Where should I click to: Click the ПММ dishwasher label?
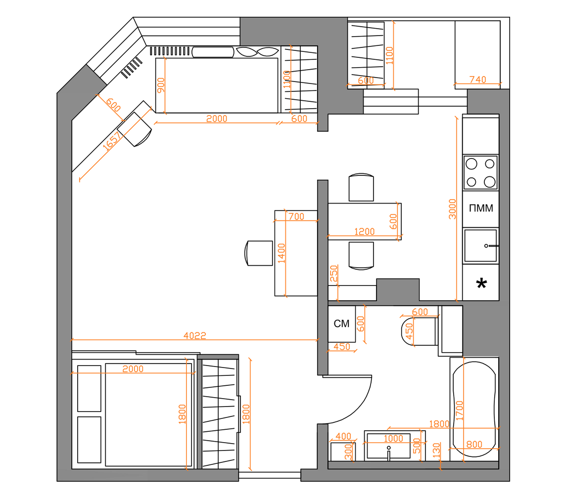pos(481,208)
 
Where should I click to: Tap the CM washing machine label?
pos(341,324)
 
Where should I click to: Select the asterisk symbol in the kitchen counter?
pos(481,284)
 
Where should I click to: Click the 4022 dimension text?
pos(194,335)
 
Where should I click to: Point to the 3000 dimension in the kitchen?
pos(452,208)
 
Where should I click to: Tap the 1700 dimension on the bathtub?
pos(460,410)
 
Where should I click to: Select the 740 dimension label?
pos(477,79)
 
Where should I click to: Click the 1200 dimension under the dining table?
pos(364,232)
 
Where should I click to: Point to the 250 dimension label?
pos(334,273)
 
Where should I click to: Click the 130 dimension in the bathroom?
pos(436,451)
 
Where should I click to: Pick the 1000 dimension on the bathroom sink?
pos(393,438)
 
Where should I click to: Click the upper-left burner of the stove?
pos(471,164)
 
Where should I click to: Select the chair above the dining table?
pos(361,187)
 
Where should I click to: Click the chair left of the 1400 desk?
pos(258,253)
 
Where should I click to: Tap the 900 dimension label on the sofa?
pos(161,85)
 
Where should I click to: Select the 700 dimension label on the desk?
pos(296,216)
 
